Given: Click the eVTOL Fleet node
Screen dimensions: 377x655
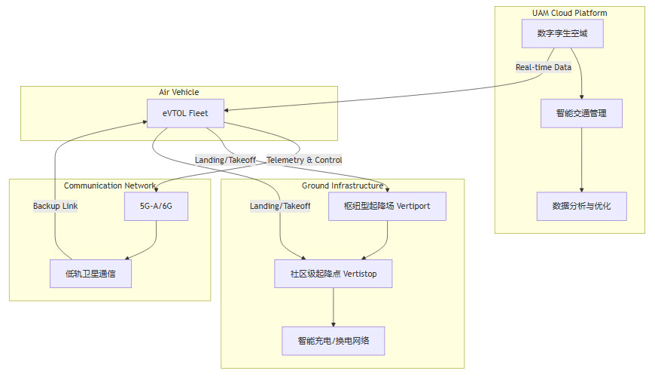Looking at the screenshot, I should [x=184, y=113].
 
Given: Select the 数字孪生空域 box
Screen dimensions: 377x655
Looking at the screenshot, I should [x=562, y=33].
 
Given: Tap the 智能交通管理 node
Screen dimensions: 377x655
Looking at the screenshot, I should [x=581, y=113].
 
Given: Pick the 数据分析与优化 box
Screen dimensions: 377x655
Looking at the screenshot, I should [x=581, y=206].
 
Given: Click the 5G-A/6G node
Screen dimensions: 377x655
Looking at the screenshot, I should [x=156, y=206].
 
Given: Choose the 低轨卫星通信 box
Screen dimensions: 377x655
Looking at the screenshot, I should [x=90, y=273].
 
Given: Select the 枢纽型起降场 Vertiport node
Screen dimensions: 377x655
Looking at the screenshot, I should [x=387, y=206].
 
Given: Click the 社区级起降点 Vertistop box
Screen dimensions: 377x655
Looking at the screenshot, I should [x=334, y=273].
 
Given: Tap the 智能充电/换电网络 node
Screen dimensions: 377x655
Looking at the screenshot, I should [x=334, y=341].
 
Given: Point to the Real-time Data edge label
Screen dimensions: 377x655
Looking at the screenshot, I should [x=543, y=67].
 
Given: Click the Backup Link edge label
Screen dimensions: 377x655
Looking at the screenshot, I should [x=55, y=206].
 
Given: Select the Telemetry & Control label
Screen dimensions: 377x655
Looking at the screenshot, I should [x=304, y=160].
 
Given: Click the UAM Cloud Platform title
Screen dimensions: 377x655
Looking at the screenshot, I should [x=569, y=13].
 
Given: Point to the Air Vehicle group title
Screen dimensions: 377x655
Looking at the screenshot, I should [x=179, y=92].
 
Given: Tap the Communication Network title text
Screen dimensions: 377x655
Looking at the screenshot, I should [x=110, y=185].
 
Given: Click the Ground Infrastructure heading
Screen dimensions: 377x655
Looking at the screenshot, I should [x=343, y=185].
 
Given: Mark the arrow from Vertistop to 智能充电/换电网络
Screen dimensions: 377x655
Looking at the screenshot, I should [x=334, y=307].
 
